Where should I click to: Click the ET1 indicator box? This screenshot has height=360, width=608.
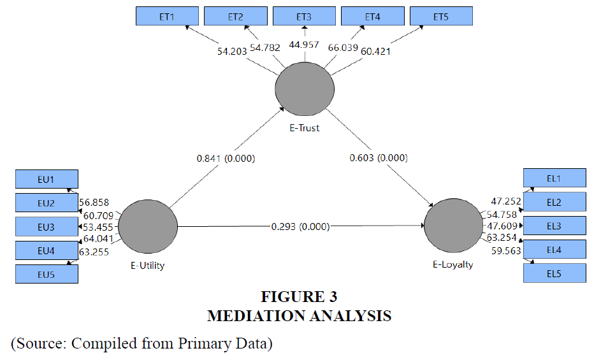click(x=168, y=16)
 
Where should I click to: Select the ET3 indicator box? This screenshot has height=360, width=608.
click(x=304, y=16)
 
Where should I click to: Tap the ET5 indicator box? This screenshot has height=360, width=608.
click(x=440, y=16)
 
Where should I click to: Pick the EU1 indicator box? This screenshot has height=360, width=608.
click(x=47, y=179)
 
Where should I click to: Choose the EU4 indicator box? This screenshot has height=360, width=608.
click(x=47, y=250)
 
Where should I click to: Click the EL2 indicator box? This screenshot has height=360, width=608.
click(x=553, y=202)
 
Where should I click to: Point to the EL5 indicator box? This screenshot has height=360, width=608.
click(x=553, y=273)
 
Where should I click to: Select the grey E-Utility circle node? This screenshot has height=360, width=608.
click(x=148, y=226)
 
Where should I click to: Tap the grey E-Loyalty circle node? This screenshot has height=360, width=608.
click(x=453, y=226)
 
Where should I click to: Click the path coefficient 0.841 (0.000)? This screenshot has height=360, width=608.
click(x=225, y=158)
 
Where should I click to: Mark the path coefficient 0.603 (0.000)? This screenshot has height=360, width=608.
click(x=379, y=158)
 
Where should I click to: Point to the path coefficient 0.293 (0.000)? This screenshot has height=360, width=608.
click(x=301, y=226)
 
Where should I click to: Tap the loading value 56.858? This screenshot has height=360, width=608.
click(x=94, y=203)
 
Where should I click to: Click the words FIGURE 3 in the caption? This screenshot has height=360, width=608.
click(x=299, y=297)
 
